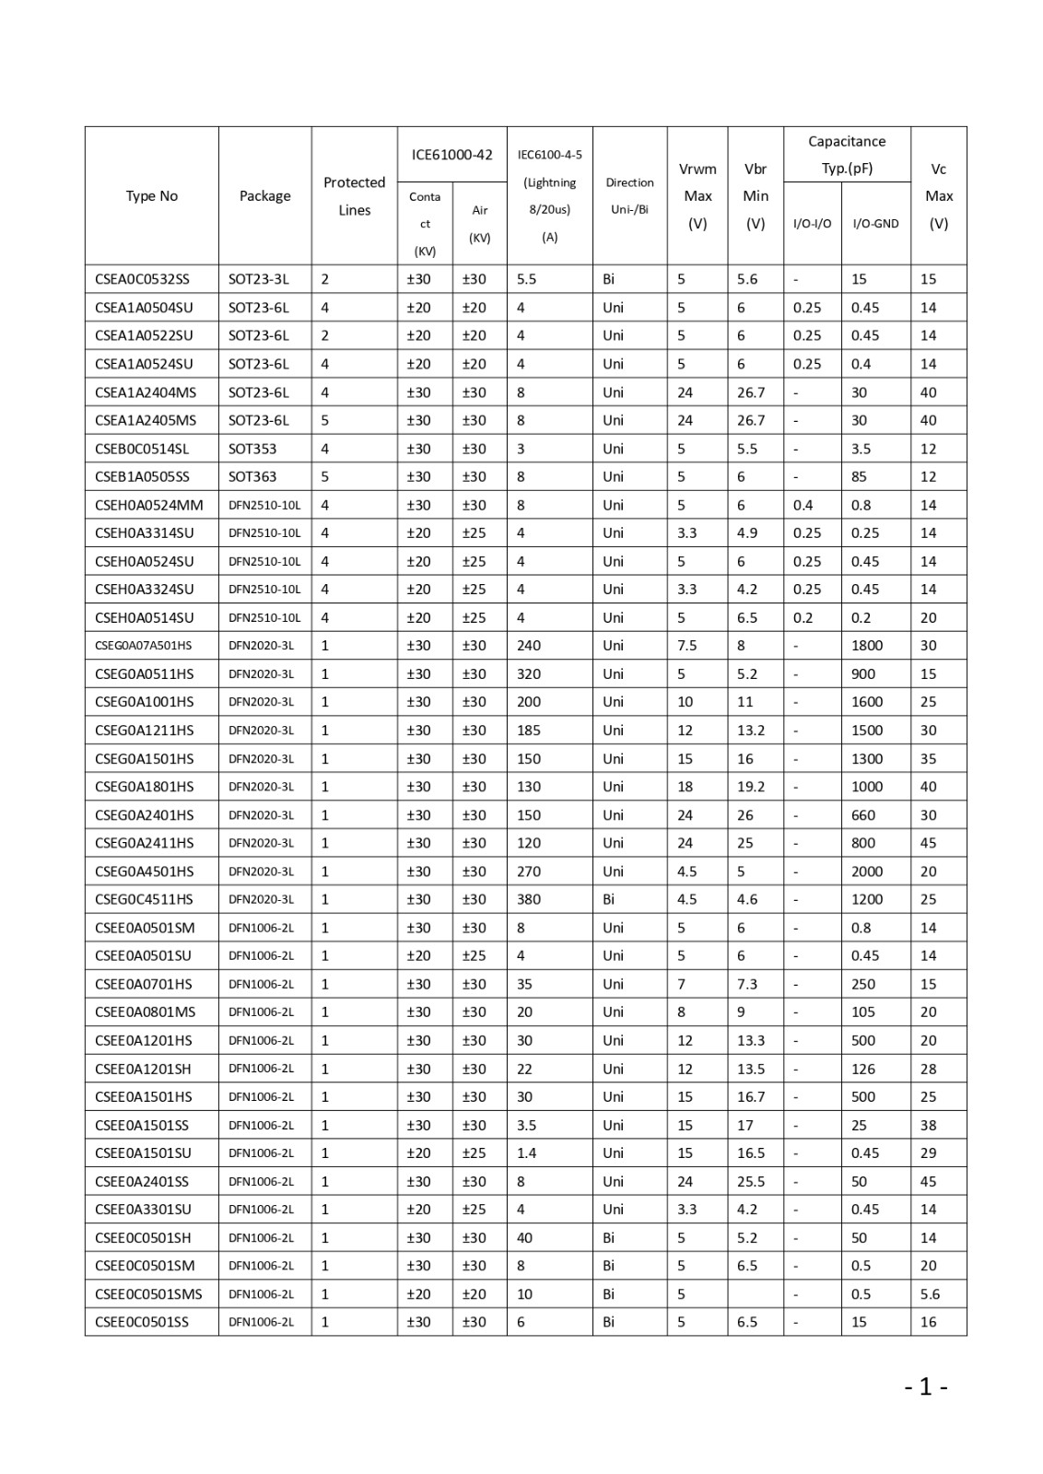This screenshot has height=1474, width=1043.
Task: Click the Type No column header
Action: point(152,196)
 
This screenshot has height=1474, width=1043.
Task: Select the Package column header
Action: point(264,196)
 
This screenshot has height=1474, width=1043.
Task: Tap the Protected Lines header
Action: point(354,196)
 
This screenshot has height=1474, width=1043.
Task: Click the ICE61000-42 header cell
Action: point(451,155)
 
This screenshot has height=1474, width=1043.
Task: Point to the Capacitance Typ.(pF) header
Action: point(847,155)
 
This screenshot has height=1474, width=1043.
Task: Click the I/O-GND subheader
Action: point(875,224)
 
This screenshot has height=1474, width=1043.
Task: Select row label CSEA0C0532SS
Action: point(142,279)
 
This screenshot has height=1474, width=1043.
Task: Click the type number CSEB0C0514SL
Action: point(142,449)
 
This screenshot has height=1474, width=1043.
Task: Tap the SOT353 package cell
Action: point(252,449)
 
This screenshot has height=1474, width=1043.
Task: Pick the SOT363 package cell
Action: point(252,476)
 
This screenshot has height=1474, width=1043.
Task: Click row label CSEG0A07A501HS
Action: point(143,646)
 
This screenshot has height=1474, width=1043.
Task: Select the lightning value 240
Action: point(529,646)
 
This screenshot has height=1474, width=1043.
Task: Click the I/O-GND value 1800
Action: point(867,646)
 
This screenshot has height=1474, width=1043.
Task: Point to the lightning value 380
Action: point(529,899)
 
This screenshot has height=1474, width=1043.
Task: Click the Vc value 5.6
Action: point(930,1294)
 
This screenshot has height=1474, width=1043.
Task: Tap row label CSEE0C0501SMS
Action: point(148,1294)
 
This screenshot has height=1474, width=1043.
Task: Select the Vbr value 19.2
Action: point(751,787)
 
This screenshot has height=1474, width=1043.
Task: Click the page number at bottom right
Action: point(926,1386)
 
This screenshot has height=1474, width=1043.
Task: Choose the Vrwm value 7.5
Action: point(687,646)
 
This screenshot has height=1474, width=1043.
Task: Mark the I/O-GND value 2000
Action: point(867,872)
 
